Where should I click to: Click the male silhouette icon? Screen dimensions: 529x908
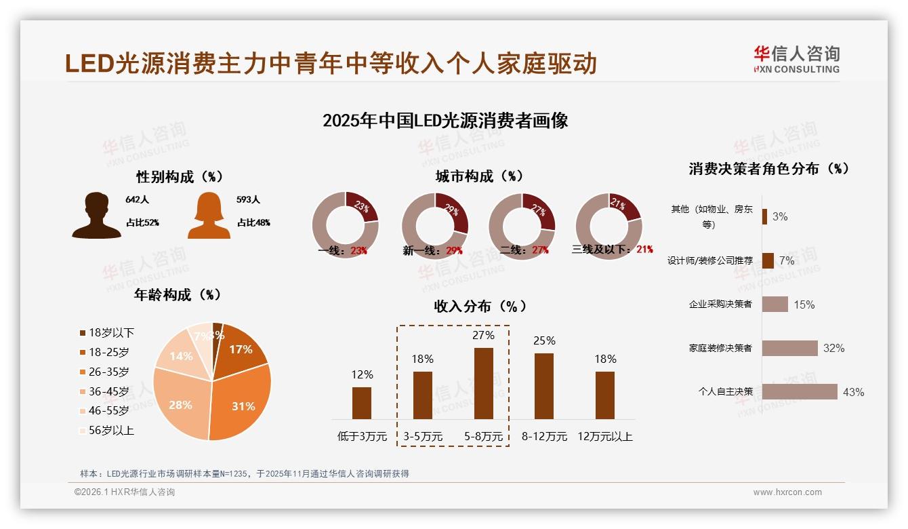[97, 216]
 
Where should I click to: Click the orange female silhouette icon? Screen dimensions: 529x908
[209, 216]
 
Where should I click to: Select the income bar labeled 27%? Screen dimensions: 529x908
[484, 383]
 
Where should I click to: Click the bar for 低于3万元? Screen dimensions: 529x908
[362, 403]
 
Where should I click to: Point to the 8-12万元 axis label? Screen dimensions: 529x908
[544, 436]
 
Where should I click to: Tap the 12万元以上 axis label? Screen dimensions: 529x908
[604, 436]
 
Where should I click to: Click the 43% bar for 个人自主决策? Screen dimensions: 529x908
[800, 391]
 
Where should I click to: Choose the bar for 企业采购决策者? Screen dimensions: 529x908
[775, 304]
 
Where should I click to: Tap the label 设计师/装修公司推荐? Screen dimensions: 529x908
[709, 260]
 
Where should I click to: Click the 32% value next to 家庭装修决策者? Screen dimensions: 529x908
[833, 348]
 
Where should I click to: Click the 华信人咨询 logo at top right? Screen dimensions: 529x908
[796, 59]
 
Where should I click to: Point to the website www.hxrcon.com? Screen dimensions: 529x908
[787, 492]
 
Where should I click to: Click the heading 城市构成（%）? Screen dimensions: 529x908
[480, 176]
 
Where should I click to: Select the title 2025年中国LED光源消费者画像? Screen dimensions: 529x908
[445, 121]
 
